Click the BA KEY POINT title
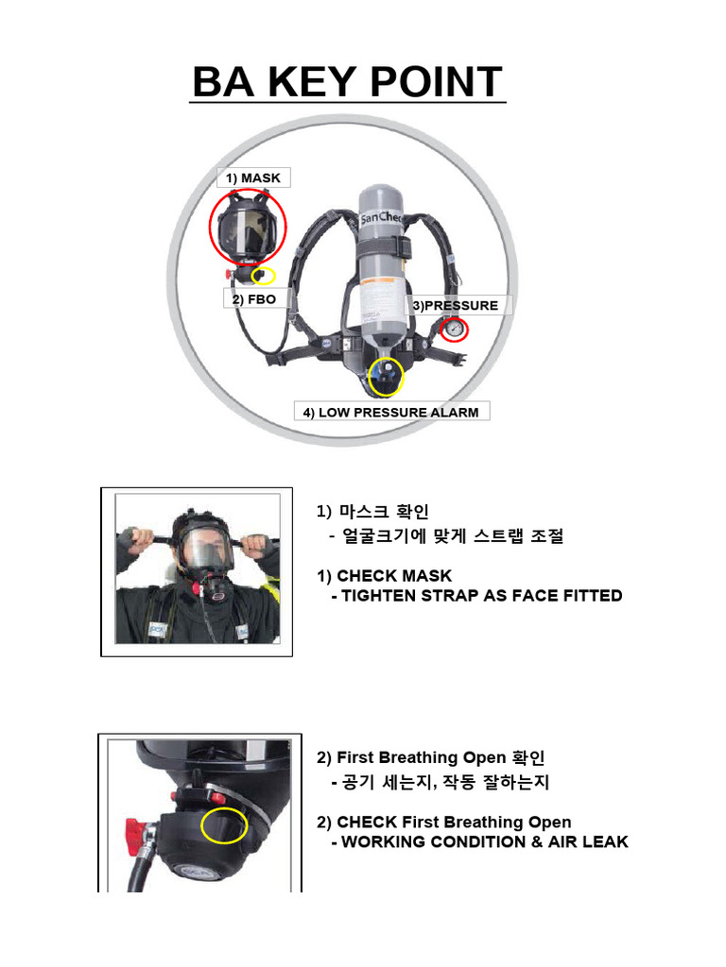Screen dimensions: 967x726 pos(348,82)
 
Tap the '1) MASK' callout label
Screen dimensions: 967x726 pos(251,178)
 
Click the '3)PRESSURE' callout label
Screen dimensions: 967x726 pos(454,305)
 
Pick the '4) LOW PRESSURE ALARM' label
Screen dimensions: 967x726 pos(390,412)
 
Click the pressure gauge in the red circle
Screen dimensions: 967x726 pos(455,330)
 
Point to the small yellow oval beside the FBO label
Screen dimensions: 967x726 pos(263,276)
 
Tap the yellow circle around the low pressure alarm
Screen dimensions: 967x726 pos(385,376)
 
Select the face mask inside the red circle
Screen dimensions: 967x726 pos(246,229)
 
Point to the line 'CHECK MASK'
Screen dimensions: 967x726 pos(381,575)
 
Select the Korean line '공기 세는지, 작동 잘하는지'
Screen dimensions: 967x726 pos(440,782)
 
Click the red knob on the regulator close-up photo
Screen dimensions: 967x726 pos(134,836)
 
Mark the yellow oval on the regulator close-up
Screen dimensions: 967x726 pos(224,826)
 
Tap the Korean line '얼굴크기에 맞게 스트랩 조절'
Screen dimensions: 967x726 pos(447,535)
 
